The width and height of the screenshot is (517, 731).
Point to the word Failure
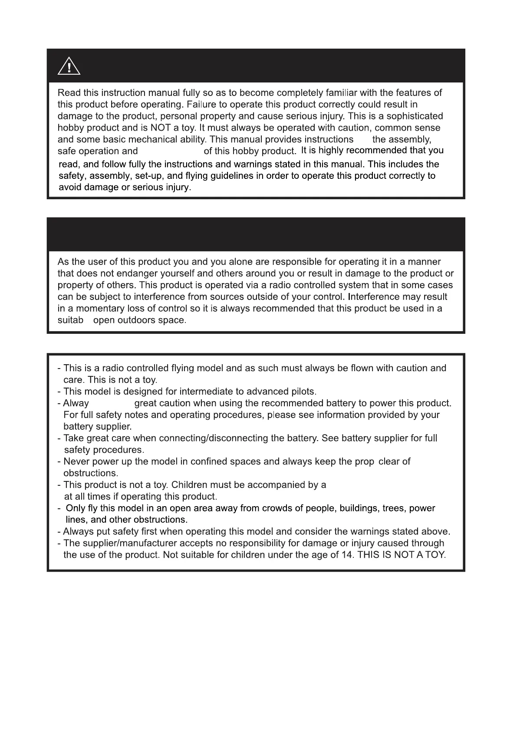click(x=201, y=104)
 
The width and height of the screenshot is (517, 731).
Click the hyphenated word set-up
click(x=150, y=176)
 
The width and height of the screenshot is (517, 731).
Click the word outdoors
click(x=139, y=320)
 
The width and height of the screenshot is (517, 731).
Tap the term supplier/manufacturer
click(x=121, y=543)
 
